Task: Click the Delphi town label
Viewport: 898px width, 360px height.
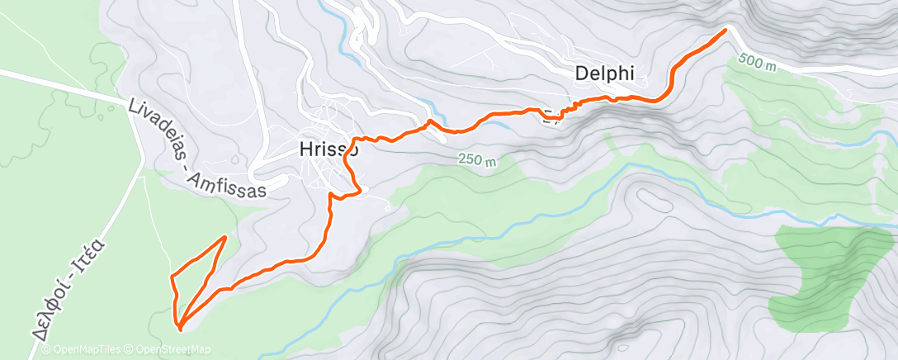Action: pos(604,73)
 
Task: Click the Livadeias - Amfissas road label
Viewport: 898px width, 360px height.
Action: pos(199,150)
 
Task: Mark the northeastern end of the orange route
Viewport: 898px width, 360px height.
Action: pos(725,31)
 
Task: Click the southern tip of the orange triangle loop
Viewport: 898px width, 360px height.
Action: pos(179,328)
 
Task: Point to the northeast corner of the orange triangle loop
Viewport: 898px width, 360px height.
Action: pos(224,238)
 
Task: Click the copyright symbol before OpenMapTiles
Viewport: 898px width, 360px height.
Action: pos(45,350)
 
